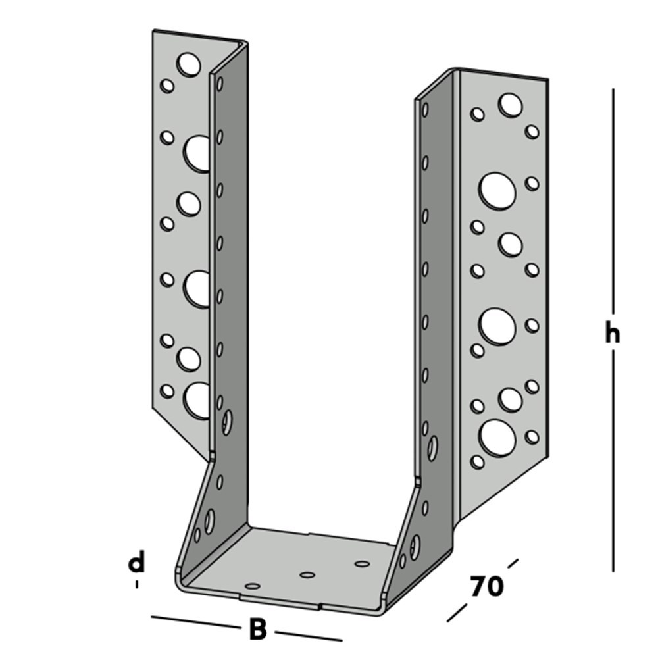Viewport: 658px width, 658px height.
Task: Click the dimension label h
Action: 613,334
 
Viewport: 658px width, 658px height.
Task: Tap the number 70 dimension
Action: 487,586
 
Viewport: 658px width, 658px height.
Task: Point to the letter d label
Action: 136,563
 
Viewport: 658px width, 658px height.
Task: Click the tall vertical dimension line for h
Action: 613,197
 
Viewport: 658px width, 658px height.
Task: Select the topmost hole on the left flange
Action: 189,64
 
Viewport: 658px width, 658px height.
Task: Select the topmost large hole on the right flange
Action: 510,105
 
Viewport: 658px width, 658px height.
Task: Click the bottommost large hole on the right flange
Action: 497,437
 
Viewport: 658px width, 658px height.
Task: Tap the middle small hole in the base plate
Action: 307,574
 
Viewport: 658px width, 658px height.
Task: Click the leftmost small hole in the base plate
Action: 253,585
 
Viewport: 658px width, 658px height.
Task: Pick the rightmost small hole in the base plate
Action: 361,563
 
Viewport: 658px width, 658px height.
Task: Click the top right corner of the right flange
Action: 546,79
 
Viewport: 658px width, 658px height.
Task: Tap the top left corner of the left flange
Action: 153,31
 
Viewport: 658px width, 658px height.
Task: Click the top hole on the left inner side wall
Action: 220,84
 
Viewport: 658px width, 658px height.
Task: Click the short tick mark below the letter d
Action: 136,584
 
